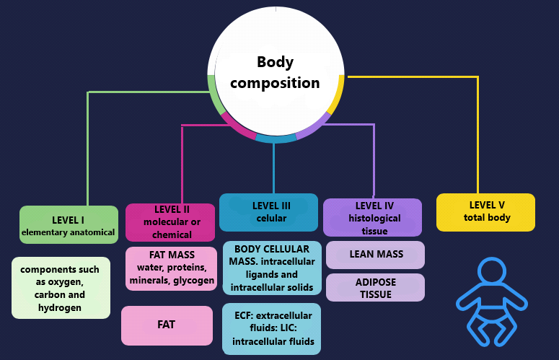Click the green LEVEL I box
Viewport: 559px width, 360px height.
point(68,225)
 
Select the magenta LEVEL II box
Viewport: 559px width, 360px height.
point(170,222)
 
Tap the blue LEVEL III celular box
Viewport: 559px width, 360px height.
point(268,212)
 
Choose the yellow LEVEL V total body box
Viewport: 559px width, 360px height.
point(485,212)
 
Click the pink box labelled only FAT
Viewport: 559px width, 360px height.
point(167,325)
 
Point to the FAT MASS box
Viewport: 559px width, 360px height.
point(171,268)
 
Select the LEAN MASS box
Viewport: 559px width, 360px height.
point(375,255)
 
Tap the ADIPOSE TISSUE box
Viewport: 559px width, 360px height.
point(375,287)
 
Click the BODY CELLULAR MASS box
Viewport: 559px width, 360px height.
point(271,268)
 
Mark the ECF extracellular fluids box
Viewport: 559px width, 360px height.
point(271,328)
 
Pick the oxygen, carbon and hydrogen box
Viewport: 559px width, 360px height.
point(61,288)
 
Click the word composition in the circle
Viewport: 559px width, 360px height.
point(275,82)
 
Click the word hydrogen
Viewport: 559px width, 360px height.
point(61,307)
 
